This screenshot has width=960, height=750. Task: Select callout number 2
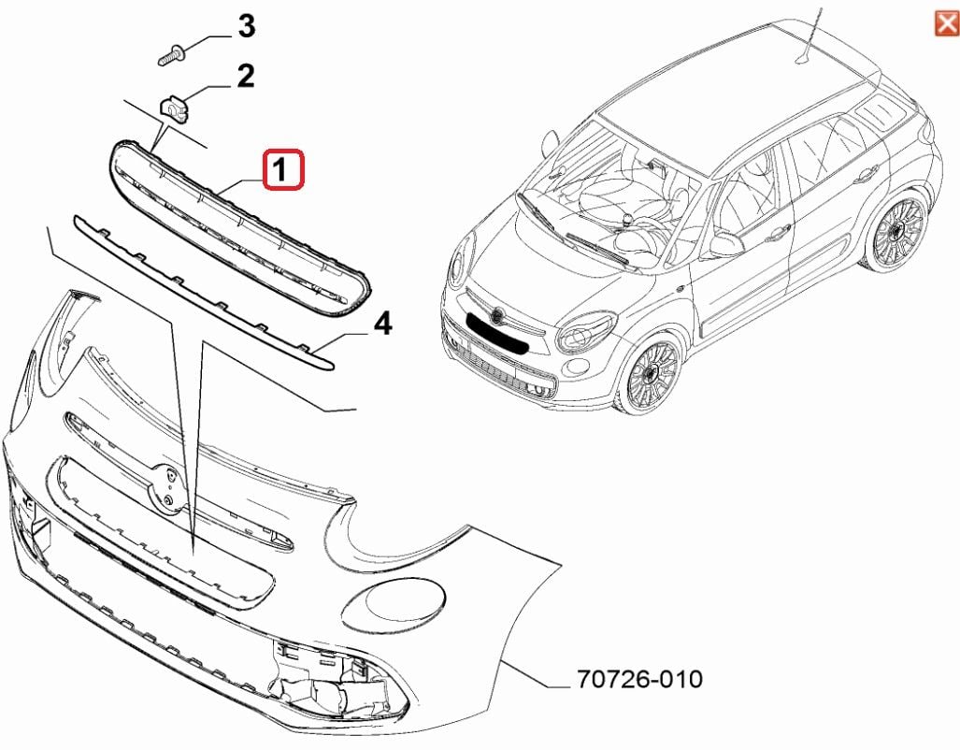[x=245, y=77]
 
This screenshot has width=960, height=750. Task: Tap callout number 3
[x=245, y=26]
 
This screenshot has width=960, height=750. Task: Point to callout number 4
[x=382, y=325]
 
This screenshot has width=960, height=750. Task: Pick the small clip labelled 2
[x=175, y=108]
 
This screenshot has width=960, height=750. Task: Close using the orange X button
[x=946, y=22]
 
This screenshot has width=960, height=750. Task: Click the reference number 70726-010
[x=639, y=678]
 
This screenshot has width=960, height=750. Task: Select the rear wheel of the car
[x=896, y=231]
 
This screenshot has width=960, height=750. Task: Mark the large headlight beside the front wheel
[x=585, y=331]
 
